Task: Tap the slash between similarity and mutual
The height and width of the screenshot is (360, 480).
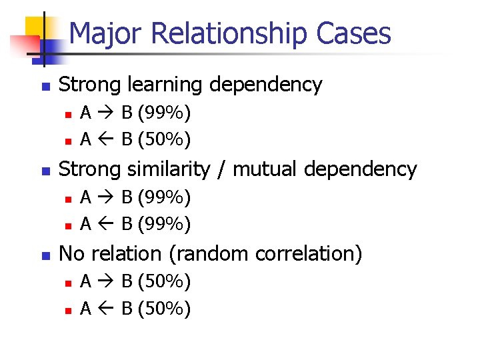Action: (223, 170)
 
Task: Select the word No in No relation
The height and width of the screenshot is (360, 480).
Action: (71, 254)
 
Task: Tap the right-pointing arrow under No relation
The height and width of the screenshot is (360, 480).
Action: (106, 282)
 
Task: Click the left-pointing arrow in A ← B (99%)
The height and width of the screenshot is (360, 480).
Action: (106, 224)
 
